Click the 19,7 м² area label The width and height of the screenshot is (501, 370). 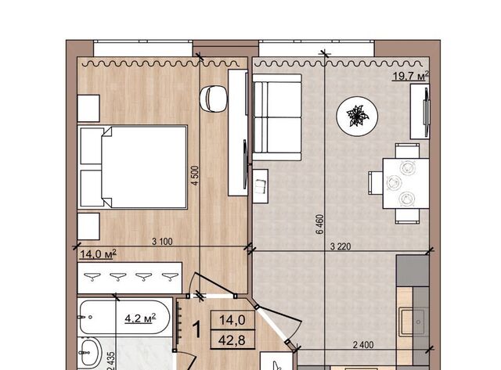click(410, 76)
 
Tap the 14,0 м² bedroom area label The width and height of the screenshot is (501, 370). click(98, 254)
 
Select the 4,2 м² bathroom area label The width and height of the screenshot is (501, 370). click(140, 318)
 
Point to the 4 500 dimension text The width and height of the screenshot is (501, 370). click(195, 175)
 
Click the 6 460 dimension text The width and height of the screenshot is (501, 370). click(320, 224)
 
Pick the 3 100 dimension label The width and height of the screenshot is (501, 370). click(162, 242)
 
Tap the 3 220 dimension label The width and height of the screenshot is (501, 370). click(341, 246)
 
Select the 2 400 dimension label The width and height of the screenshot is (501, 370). click(363, 345)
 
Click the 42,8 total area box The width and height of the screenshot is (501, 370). click(232, 339)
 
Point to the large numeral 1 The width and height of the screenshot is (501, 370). click(197, 329)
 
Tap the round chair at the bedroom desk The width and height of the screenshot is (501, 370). click(213, 99)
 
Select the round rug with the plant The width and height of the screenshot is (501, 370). click(357, 117)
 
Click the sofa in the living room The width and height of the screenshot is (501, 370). click(277, 117)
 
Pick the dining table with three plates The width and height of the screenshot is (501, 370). click(406, 183)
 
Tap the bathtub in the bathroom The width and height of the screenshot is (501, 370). click(125, 317)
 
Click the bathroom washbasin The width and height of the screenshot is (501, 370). click(90, 353)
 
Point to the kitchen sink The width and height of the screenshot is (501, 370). click(413, 322)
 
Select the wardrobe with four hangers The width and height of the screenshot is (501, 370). click(130, 278)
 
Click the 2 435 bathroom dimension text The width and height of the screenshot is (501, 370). click(111, 361)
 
